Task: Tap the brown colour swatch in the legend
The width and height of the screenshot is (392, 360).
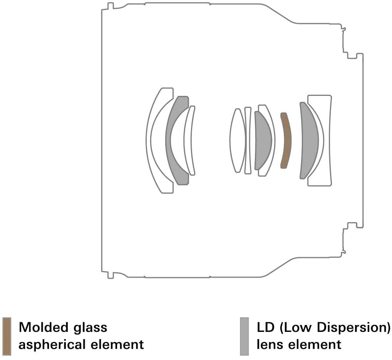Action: [x=7, y=336]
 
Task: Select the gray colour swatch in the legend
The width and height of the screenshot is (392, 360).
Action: [x=244, y=336]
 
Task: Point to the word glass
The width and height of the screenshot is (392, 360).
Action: [x=90, y=328]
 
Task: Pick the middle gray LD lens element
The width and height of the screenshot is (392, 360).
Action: [x=263, y=141]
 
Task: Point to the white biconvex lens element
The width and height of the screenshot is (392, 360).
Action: [x=238, y=141]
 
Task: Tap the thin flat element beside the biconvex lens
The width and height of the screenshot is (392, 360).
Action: [x=248, y=141]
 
